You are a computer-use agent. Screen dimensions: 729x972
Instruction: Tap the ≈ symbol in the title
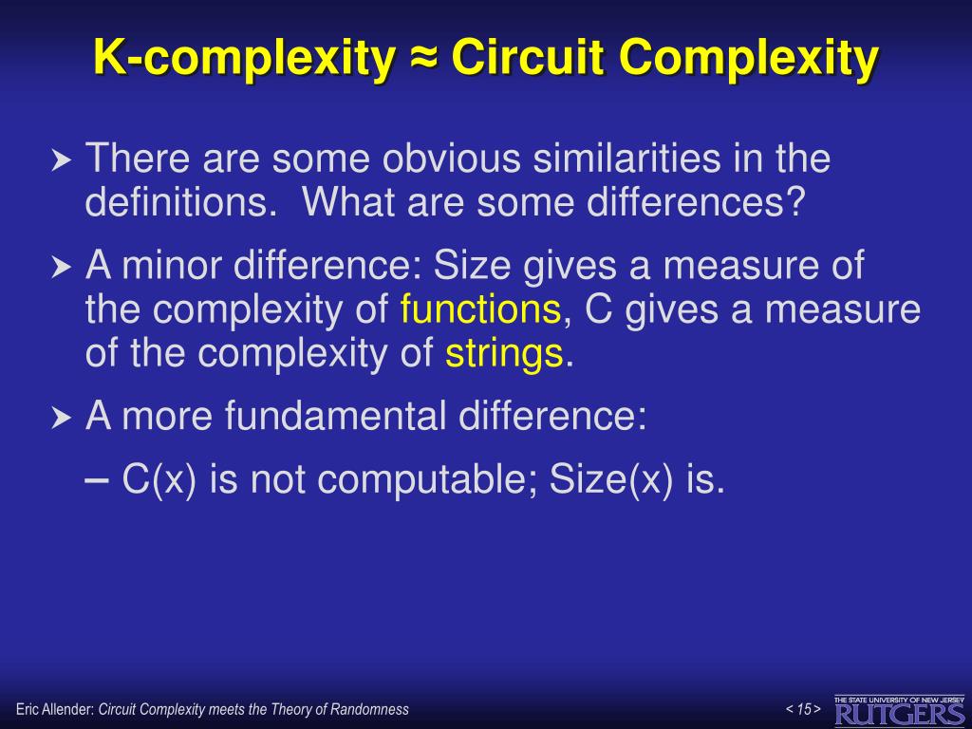pyautogui.click(x=423, y=59)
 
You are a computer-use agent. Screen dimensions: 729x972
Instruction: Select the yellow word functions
pyautogui.click(x=480, y=309)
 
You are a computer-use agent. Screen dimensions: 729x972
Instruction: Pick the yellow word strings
pyautogui.click(x=505, y=354)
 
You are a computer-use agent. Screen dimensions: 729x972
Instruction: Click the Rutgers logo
pyautogui.click(x=899, y=710)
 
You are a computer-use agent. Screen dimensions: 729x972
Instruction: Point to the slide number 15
pyautogui.click(x=804, y=709)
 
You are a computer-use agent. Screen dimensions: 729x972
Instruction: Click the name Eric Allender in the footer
pyautogui.click(x=54, y=709)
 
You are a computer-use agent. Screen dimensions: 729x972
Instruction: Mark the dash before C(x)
pyautogui.click(x=97, y=480)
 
